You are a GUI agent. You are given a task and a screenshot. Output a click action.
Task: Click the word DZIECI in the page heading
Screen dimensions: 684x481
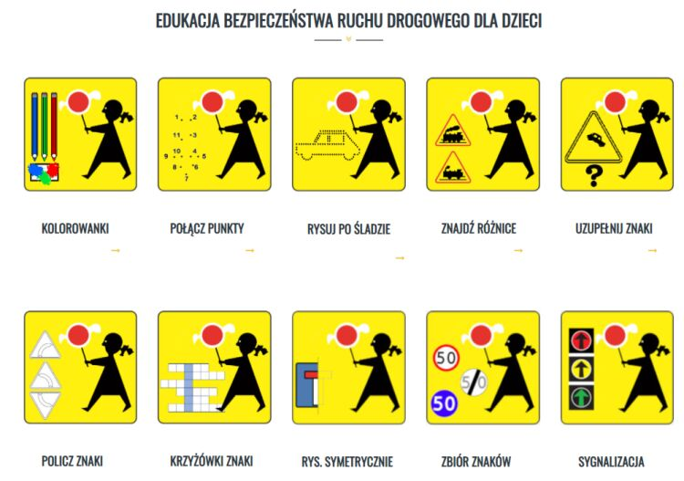(522, 20)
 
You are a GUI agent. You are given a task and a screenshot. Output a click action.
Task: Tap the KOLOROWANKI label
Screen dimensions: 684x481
(75, 228)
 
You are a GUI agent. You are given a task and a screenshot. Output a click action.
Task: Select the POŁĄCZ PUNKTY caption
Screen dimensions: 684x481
(207, 228)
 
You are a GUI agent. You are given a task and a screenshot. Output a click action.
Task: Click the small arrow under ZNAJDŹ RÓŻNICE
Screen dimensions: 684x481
(518, 250)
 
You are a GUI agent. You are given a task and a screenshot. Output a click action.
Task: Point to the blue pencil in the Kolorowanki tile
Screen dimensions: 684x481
(35, 126)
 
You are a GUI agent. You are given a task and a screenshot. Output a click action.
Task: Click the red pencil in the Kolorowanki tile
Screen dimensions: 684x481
(54, 126)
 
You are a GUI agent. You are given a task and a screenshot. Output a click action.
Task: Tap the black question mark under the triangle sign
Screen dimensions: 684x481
(594, 176)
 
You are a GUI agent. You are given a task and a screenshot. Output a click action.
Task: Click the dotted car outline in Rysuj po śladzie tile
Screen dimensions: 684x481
(327, 145)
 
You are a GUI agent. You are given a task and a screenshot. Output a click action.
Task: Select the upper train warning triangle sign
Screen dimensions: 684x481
(452, 131)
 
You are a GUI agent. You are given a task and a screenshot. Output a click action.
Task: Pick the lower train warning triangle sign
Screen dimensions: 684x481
(452, 168)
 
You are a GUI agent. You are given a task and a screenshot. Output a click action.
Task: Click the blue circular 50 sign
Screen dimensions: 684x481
(444, 403)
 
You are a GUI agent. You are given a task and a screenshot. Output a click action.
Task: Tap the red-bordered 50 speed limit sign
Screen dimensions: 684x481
(446, 359)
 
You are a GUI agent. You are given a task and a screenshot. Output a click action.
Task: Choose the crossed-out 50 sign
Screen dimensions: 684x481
(473, 382)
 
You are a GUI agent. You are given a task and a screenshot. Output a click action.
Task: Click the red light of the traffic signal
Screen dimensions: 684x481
(581, 340)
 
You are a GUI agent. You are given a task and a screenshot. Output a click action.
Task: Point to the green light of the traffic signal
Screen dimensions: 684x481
(581, 398)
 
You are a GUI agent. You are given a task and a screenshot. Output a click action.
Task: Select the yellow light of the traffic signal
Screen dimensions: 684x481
(581, 370)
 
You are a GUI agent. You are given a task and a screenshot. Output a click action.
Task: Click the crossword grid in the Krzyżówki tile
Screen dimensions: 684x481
(192, 388)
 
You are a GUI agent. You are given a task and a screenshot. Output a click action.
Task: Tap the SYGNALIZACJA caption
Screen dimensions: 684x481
(611, 462)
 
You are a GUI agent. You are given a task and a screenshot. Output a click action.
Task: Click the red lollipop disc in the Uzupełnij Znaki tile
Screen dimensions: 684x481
(615, 101)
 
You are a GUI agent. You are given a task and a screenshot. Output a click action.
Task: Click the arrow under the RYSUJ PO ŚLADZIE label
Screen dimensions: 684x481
(400, 258)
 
